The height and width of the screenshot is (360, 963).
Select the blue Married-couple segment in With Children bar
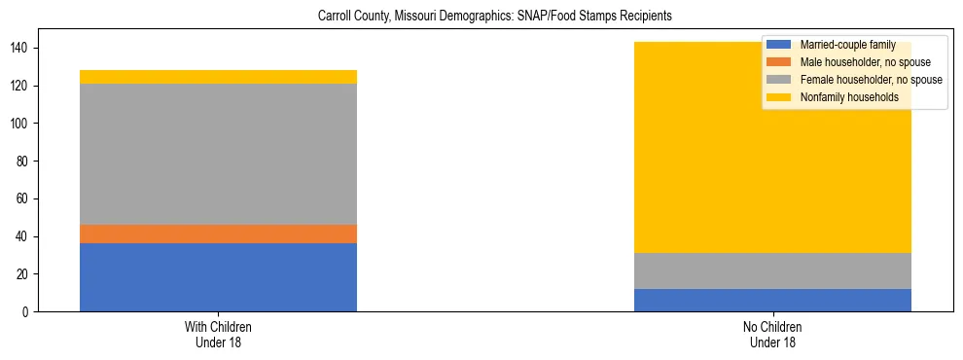pyautogui.click(x=218, y=277)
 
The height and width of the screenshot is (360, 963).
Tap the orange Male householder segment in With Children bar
pyautogui.click(x=218, y=234)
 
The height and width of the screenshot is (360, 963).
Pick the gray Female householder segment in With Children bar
pyautogui.click(x=218, y=154)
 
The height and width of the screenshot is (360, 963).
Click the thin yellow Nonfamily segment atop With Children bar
pyautogui.click(x=218, y=77)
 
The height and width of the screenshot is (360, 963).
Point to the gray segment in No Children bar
pyautogui.click(x=772, y=270)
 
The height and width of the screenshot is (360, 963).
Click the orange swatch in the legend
pyautogui.click(x=780, y=62)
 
